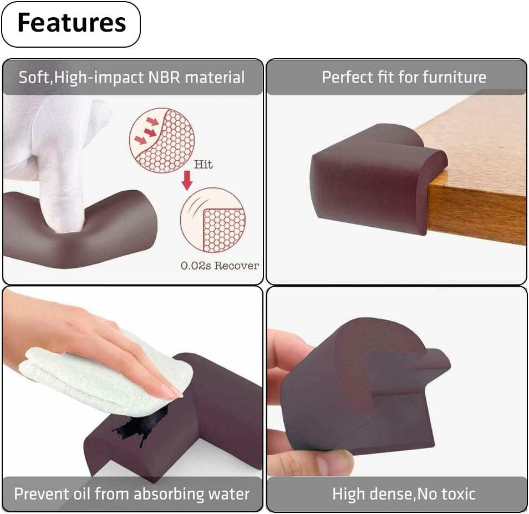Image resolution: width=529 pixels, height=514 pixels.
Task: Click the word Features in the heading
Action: [x=72, y=23]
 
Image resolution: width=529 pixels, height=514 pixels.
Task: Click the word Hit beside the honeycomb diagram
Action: [x=203, y=164]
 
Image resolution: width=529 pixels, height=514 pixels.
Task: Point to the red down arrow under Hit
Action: [x=187, y=180]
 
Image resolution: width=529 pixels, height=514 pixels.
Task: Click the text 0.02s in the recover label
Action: [x=196, y=266]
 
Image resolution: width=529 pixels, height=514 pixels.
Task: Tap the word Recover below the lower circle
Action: [x=237, y=266]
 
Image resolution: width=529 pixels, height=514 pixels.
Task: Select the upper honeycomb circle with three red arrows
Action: [x=162, y=140]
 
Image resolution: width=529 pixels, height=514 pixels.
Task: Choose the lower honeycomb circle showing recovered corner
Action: [x=212, y=220]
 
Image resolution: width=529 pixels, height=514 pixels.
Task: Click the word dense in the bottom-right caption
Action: [x=391, y=494]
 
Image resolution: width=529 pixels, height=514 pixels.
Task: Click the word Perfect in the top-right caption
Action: [x=348, y=77]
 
